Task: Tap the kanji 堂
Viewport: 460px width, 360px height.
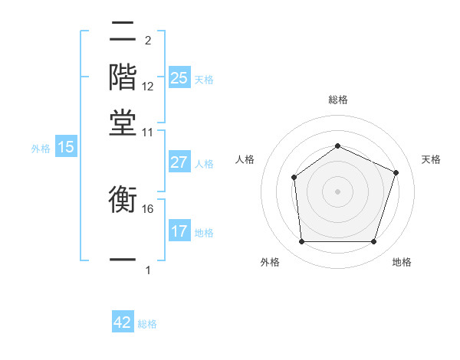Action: [x=123, y=122]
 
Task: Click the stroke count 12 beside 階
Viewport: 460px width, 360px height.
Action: [x=148, y=87]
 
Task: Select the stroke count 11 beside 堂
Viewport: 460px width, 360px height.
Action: [x=148, y=133]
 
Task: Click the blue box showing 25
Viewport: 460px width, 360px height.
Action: [x=179, y=77]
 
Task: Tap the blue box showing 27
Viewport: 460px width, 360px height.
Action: [x=179, y=162]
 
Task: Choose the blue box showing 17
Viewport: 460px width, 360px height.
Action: [x=179, y=231]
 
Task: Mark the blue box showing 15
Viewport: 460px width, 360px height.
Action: [x=66, y=147]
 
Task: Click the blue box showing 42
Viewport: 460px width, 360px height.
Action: [x=123, y=322]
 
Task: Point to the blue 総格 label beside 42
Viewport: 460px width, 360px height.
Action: [x=147, y=324]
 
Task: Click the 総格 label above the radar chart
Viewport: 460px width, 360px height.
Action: [x=337, y=100]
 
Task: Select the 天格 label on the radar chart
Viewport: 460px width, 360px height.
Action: [x=431, y=159]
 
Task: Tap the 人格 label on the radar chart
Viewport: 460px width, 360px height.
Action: [x=245, y=159]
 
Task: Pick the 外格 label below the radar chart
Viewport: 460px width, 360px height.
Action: [x=270, y=262]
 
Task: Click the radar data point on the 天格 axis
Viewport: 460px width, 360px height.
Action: [x=396, y=172]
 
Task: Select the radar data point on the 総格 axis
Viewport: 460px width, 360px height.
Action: [x=337, y=146]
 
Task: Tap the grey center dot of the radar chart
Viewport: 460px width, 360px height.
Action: [x=337, y=191]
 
